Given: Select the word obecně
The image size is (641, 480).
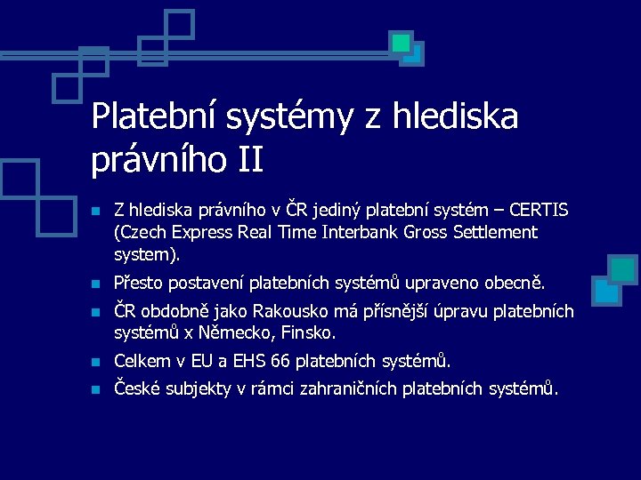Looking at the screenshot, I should (514, 284).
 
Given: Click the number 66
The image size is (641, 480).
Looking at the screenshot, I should (279, 362).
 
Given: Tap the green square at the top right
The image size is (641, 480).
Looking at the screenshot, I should (402, 42).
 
